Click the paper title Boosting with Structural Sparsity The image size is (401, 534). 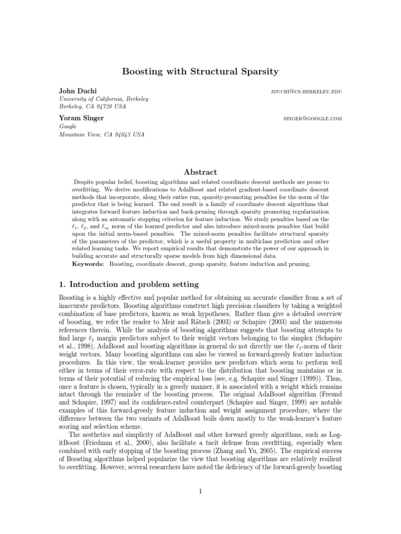click(200, 71)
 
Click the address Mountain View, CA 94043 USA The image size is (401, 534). click(102, 134)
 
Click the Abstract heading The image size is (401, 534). click(200, 172)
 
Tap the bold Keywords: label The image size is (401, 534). click(87, 264)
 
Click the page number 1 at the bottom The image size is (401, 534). click(200, 505)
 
